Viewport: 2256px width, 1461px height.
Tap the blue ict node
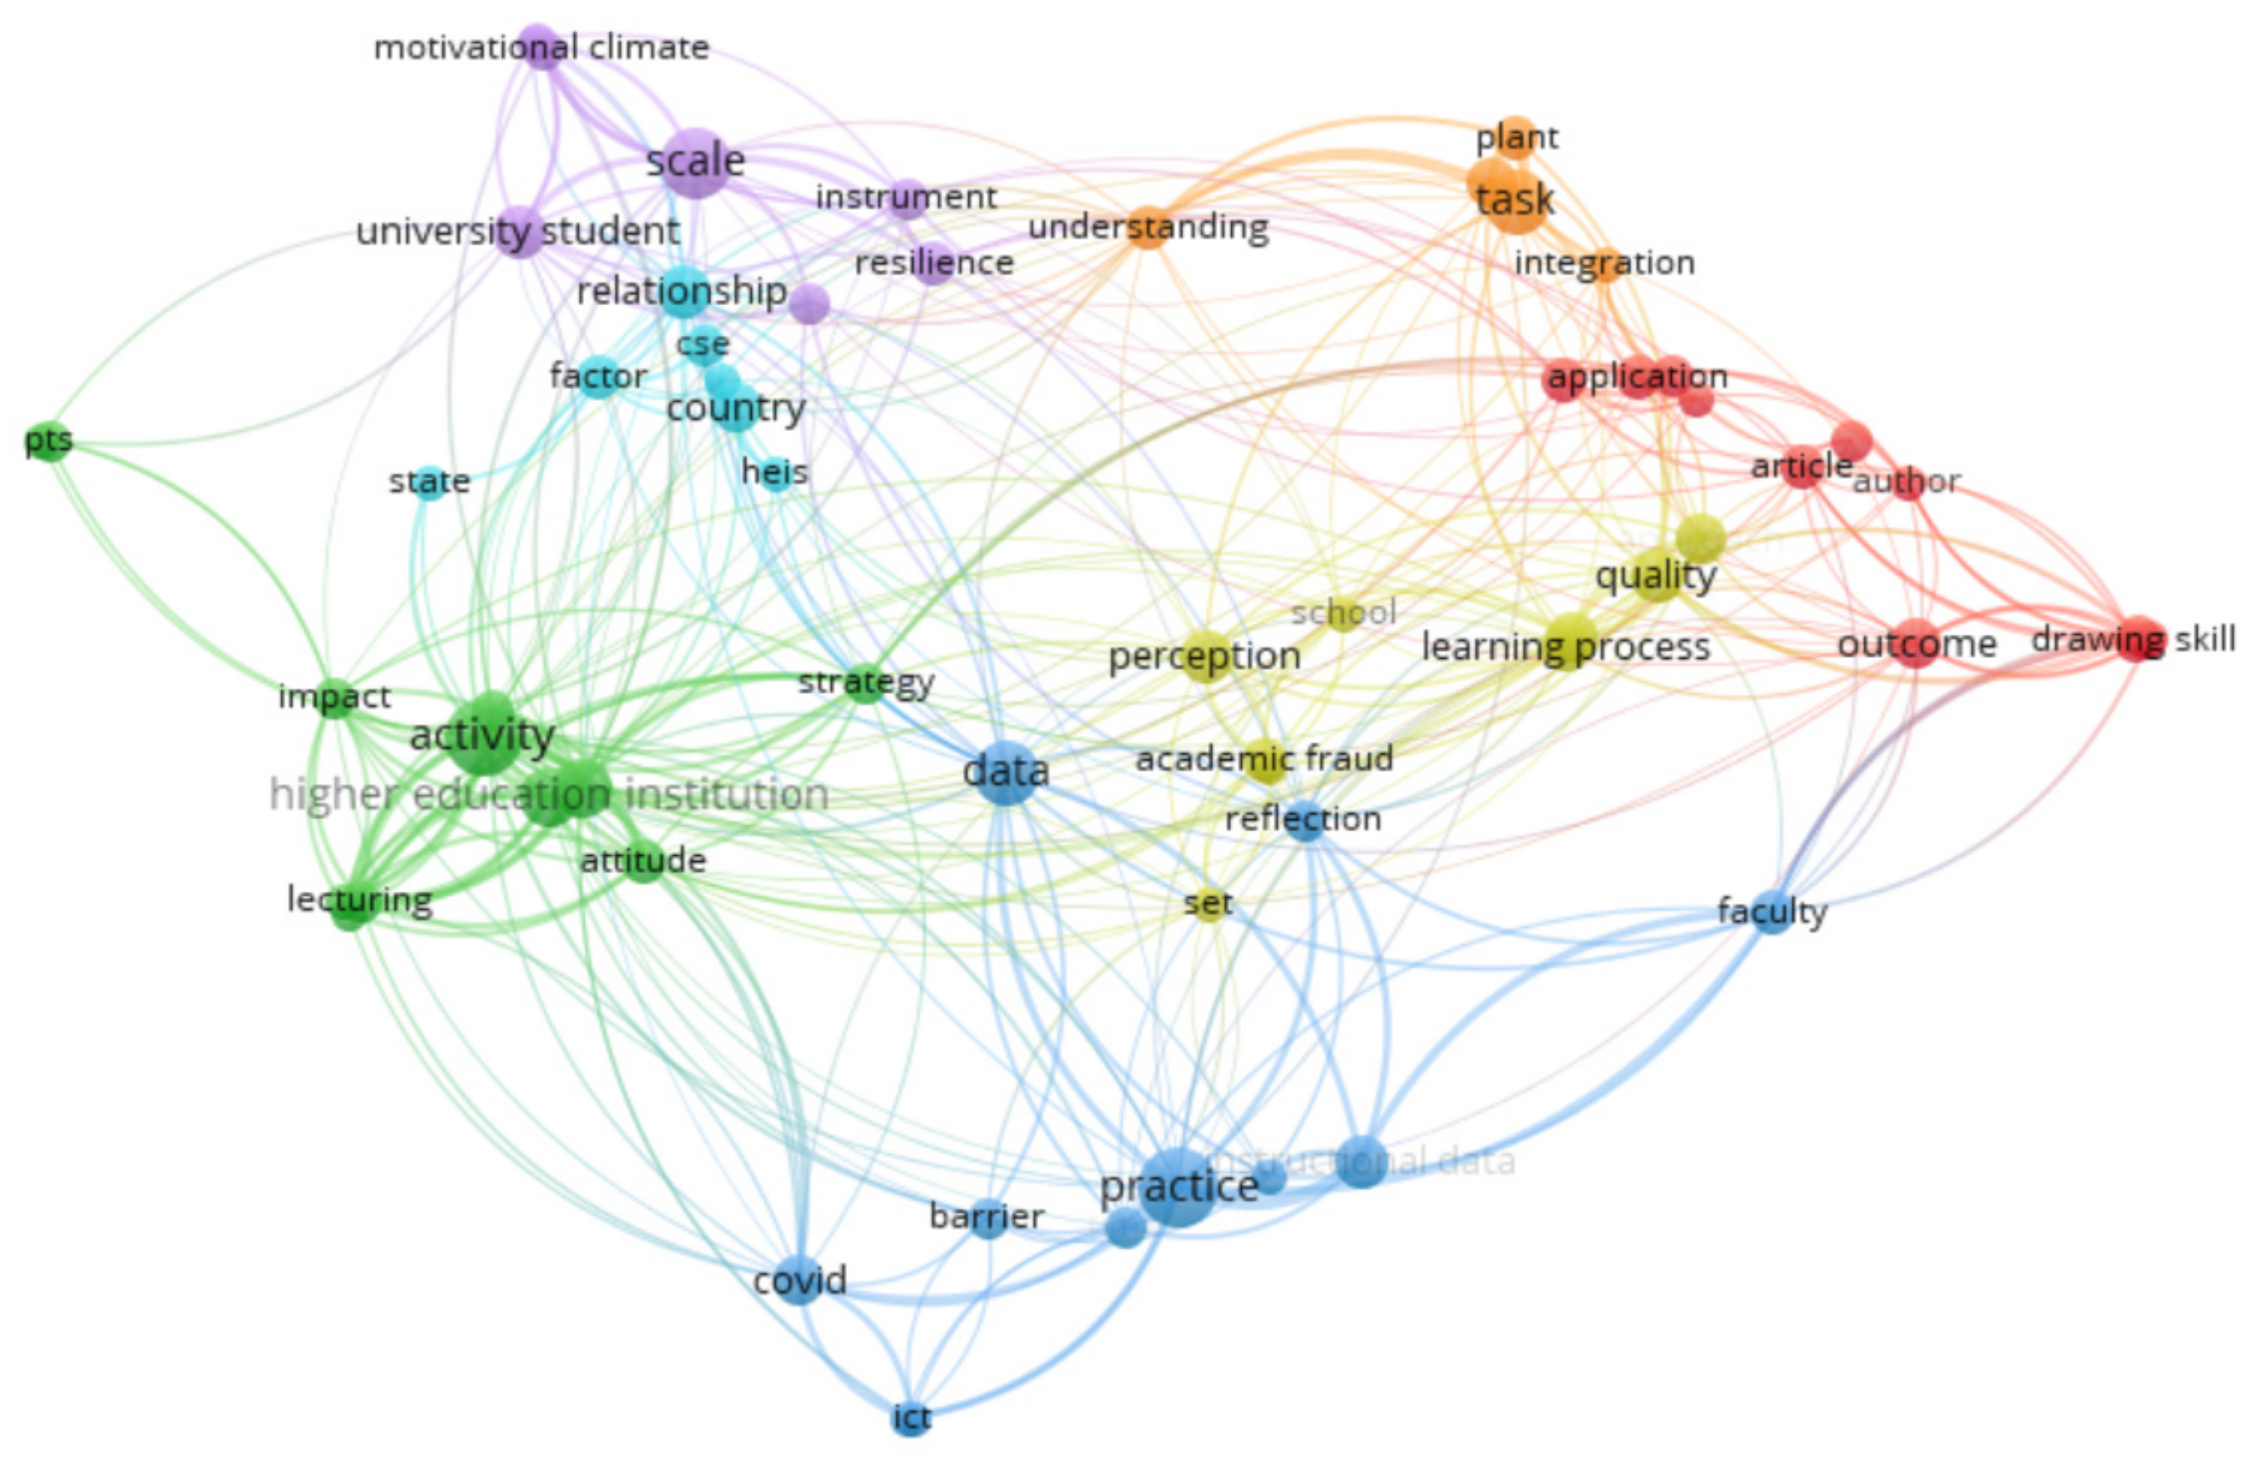point(911,1418)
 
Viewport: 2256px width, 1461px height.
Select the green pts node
point(49,441)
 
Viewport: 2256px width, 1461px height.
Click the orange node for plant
point(1518,137)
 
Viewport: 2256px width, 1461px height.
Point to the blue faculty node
point(1772,912)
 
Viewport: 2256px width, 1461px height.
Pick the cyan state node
point(429,482)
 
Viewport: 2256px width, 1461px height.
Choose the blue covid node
point(799,1281)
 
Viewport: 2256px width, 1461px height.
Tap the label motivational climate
point(541,48)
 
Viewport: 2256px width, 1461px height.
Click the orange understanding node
point(1148,228)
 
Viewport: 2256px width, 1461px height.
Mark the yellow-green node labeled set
point(1207,903)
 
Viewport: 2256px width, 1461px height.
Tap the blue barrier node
point(987,1217)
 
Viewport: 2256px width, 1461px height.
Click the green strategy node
point(865,683)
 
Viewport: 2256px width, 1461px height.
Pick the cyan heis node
point(774,472)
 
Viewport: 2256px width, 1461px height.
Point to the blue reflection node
point(1304,820)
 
